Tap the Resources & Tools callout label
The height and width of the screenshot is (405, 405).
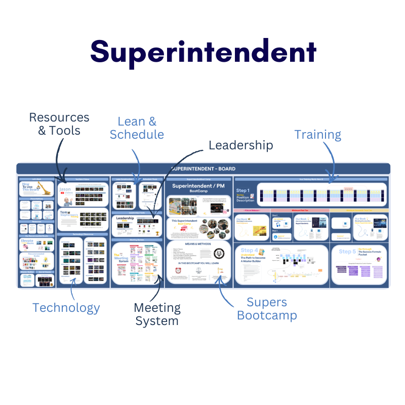click(59, 124)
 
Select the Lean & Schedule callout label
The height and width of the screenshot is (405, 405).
click(137, 128)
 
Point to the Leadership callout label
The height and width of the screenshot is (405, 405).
click(240, 145)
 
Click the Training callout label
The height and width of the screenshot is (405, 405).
click(318, 135)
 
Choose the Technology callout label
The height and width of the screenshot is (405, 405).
click(66, 307)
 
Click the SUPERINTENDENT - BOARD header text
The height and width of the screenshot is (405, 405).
click(203, 169)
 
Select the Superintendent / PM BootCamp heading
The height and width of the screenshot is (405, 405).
click(198, 188)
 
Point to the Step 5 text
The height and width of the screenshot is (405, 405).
click(347, 252)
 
